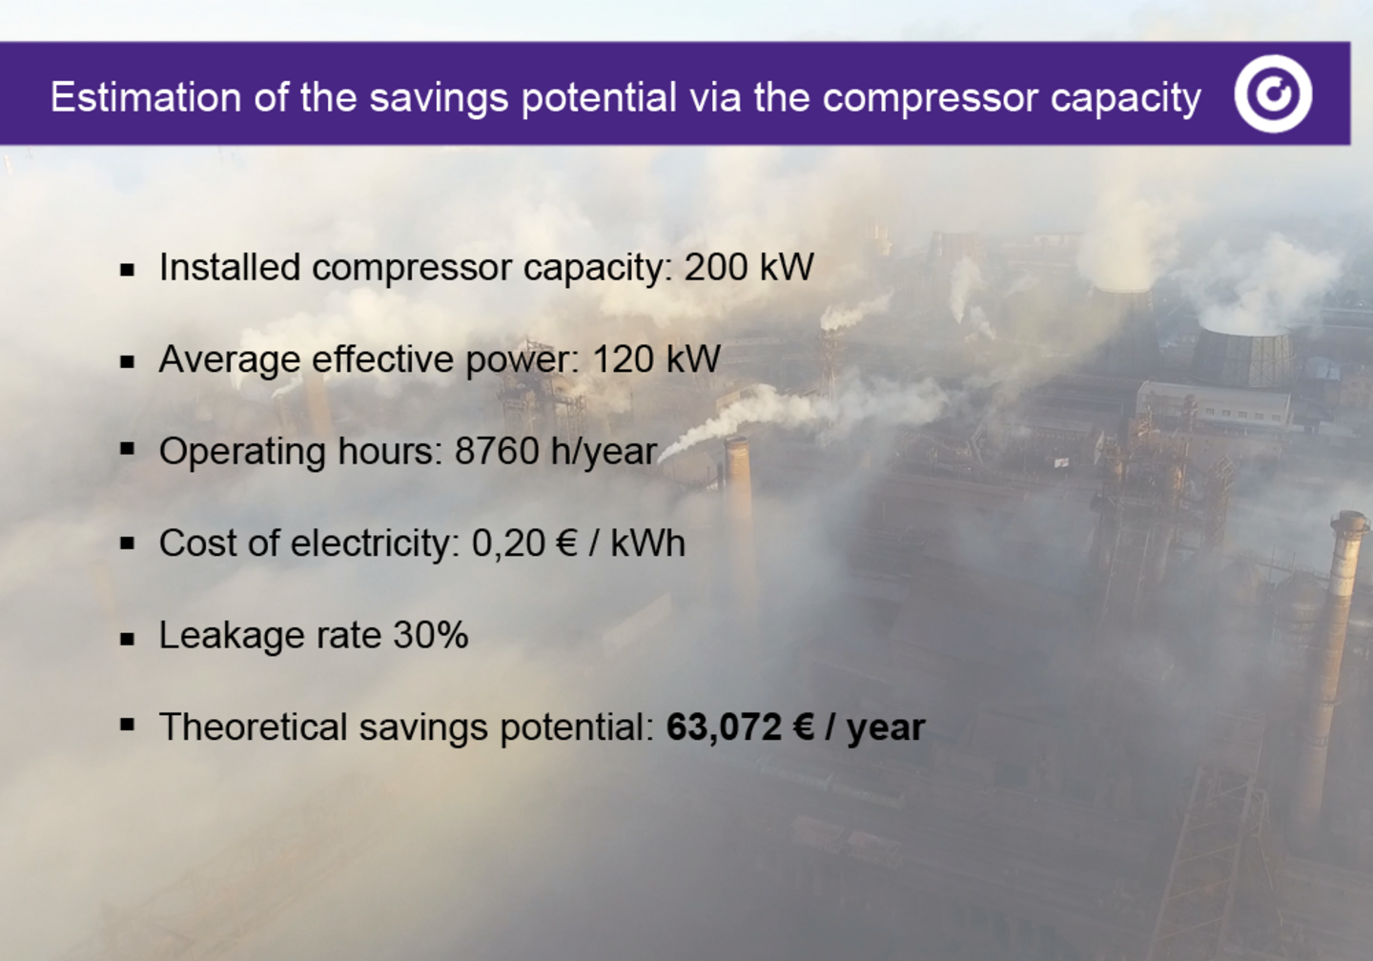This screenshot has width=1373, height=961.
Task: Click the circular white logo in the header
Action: tap(1273, 93)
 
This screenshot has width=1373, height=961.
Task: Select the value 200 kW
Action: tap(748, 268)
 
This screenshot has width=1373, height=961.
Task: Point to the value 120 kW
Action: tap(656, 359)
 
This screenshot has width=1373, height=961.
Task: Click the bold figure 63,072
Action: tap(724, 727)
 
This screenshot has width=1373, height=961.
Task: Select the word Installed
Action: tap(229, 268)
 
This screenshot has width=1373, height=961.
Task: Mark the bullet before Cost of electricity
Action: tap(128, 544)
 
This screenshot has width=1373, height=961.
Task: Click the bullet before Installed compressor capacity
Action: tap(128, 270)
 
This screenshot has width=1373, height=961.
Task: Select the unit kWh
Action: tap(647, 543)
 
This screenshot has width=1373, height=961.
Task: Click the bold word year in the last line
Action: tap(886, 728)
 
